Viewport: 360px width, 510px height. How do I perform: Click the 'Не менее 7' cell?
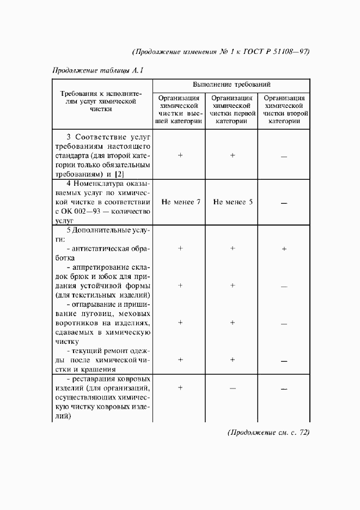(181, 202)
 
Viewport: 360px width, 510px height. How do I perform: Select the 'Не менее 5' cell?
(233, 202)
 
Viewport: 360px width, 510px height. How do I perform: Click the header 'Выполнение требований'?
(231, 86)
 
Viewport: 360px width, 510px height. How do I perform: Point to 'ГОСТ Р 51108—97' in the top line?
(277, 52)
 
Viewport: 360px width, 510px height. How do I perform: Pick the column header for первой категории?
(232, 110)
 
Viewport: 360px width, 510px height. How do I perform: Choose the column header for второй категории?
(283, 110)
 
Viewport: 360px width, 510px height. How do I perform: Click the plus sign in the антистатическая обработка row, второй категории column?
(284, 249)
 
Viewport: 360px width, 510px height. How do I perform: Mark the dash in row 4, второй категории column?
(284, 203)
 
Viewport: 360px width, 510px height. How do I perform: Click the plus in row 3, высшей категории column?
(180, 155)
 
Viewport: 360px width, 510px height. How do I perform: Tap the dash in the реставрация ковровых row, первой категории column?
(233, 388)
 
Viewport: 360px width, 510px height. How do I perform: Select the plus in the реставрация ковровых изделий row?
(180, 387)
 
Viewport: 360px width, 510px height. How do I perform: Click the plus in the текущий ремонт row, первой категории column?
(233, 360)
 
